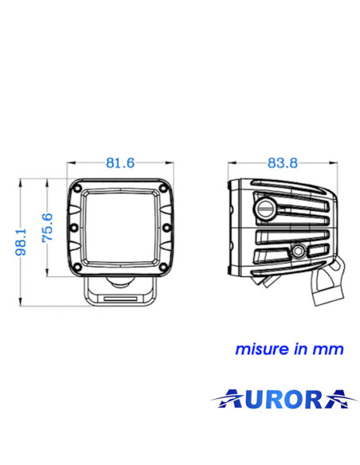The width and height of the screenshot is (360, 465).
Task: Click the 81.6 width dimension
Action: pyautogui.click(x=119, y=163)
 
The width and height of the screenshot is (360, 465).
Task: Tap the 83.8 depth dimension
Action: pyautogui.click(x=282, y=163)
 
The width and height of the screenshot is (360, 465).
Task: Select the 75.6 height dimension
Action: pyautogui.click(x=47, y=228)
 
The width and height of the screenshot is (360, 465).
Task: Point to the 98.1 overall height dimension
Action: pyautogui.click(x=22, y=243)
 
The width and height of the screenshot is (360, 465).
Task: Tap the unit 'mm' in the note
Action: pyautogui.click(x=332, y=350)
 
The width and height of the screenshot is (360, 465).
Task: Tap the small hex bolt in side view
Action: pyautogui.click(x=299, y=252)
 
